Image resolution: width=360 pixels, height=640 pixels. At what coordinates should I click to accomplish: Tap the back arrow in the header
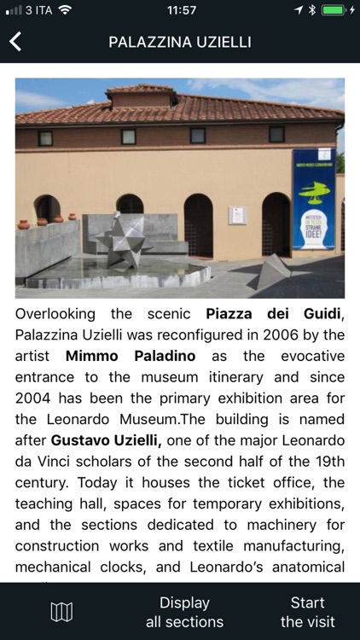tap(15, 42)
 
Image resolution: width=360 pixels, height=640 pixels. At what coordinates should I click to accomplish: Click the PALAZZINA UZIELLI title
tap(180, 42)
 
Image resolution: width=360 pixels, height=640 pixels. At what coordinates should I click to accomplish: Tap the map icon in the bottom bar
tap(61, 611)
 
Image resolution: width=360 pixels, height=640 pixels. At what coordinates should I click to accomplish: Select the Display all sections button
tap(184, 612)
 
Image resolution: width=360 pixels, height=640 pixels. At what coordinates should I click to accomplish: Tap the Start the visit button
tap(307, 612)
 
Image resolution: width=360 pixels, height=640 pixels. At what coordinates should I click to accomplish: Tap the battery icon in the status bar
tap(336, 9)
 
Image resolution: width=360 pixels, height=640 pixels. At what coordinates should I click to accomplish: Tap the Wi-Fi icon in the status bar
tap(66, 9)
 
